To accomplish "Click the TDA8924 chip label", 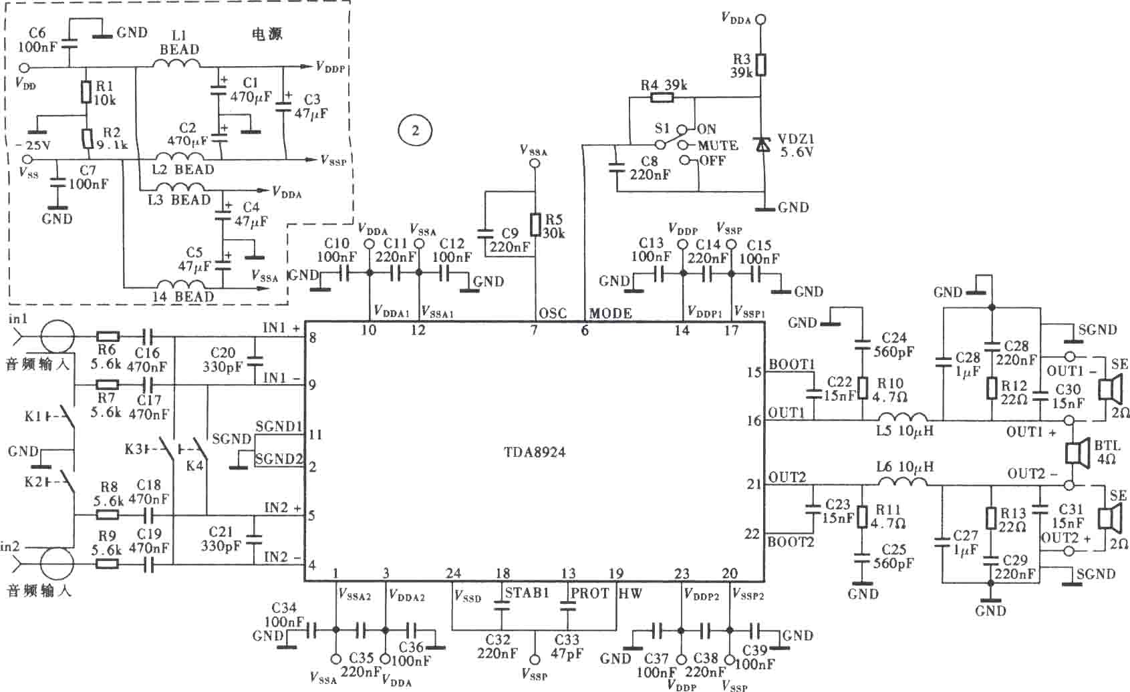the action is (x=534, y=452).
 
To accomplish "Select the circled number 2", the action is (x=415, y=131).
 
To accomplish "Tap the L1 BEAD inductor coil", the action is (x=176, y=64).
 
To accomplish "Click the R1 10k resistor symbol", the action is (x=86, y=92).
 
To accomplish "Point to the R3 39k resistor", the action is (x=760, y=65).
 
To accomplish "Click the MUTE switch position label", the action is (x=717, y=146).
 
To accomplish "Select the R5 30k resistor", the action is (x=535, y=225).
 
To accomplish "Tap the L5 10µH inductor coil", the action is (x=903, y=417).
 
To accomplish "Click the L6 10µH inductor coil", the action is (x=903, y=482).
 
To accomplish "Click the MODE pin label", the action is (x=610, y=313).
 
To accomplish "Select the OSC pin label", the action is (x=553, y=313).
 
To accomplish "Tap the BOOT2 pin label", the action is (x=791, y=542).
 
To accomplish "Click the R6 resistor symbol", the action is (x=108, y=336).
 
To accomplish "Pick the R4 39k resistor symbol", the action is (x=662, y=98).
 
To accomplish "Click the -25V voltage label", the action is (x=33, y=145).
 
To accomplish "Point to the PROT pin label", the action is (x=589, y=594).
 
